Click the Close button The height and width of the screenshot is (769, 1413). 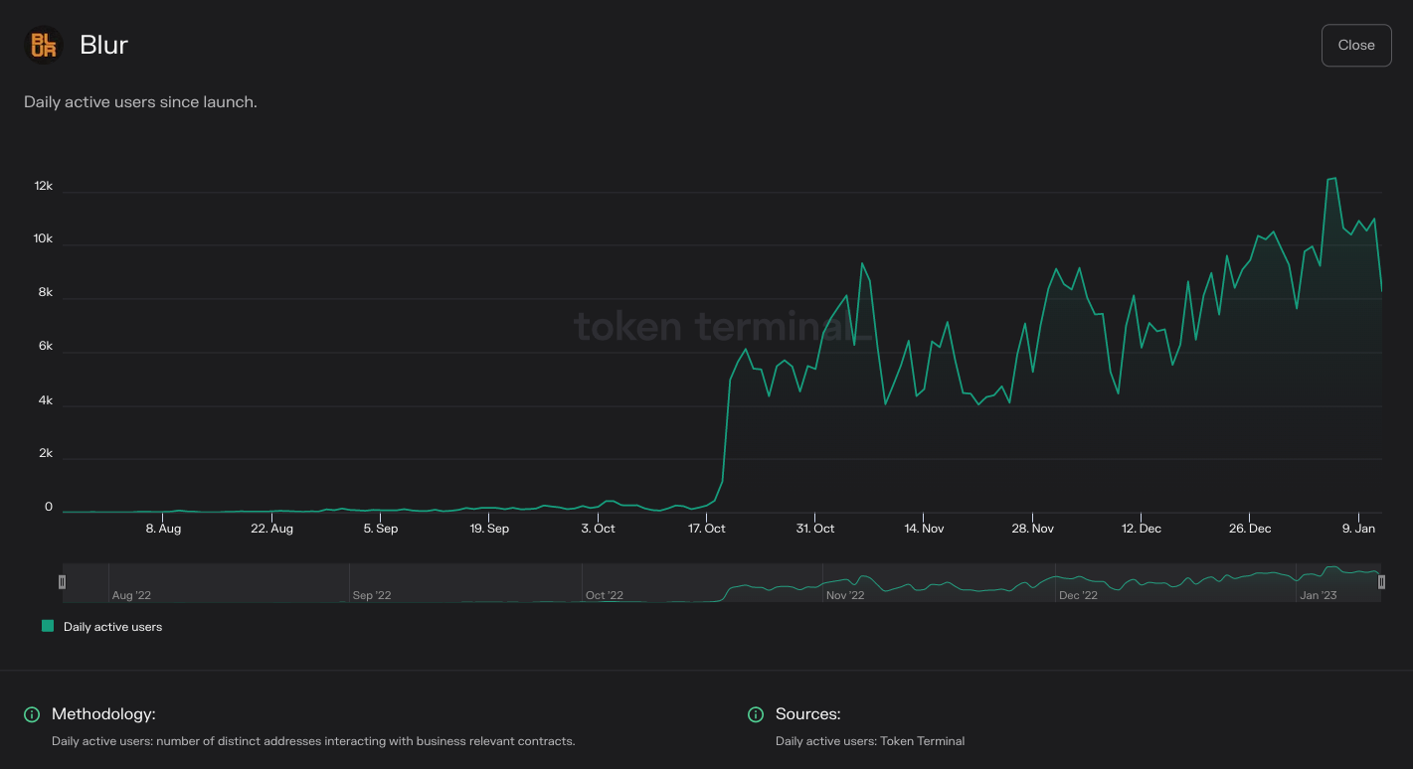pyautogui.click(x=1355, y=46)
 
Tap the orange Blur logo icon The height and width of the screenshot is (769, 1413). pyautogui.click(x=43, y=45)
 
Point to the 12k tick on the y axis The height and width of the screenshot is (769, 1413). pyautogui.click(x=43, y=187)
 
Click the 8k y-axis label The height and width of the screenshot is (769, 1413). pyautogui.click(x=45, y=293)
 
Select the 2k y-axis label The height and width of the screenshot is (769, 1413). pyautogui.click(x=45, y=453)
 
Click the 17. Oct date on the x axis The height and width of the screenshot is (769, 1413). pyautogui.click(x=707, y=529)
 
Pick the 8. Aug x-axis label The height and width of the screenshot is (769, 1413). pyautogui.click(x=163, y=529)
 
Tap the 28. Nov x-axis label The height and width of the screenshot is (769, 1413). pyautogui.click(x=1032, y=529)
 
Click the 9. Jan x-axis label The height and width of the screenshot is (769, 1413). pyautogui.click(x=1358, y=529)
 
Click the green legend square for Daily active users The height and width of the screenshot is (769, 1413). pyautogui.click(x=48, y=626)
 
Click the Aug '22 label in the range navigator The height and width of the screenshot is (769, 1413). pyautogui.click(x=131, y=595)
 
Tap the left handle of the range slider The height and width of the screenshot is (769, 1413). pyautogui.click(x=63, y=582)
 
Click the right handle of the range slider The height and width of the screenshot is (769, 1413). pyautogui.click(x=1381, y=582)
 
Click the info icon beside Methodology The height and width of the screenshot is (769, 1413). pyautogui.click(x=32, y=714)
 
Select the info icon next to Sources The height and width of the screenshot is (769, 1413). pyautogui.click(x=756, y=714)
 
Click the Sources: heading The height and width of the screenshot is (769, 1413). pyautogui.click(x=807, y=714)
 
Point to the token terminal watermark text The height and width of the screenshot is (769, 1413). pyautogui.click(x=723, y=326)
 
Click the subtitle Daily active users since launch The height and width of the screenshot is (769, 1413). pyautogui.click(x=140, y=102)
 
